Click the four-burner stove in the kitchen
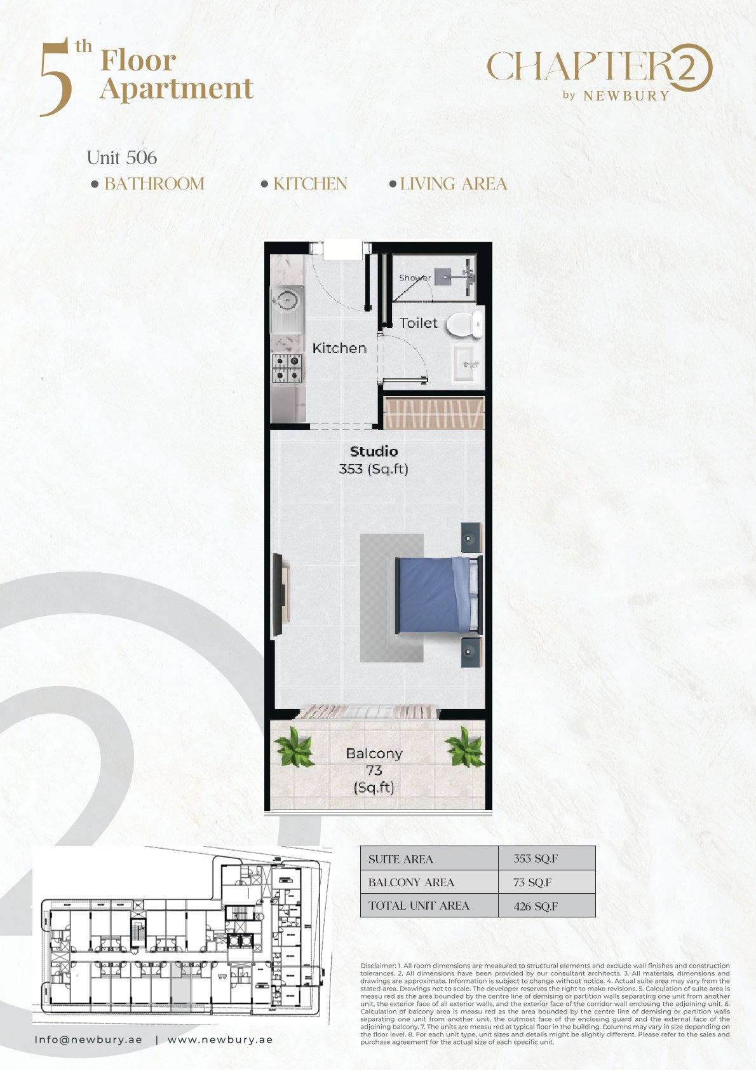pyautogui.click(x=287, y=368)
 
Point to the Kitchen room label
pyautogui.click(x=339, y=348)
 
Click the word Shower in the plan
pyautogui.click(x=415, y=278)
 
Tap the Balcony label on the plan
pyautogui.click(x=374, y=754)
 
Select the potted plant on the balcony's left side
pyautogui.click(x=294, y=747)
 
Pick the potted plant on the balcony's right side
pyautogui.click(x=464, y=746)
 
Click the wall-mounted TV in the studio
pyautogui.click(x=280, y=595)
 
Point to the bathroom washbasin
pyautogui.click(x=468, y=364)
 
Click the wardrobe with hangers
pyautogui.click(x=434, y=413)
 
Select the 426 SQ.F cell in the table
pyautogui.click(x=536, y=906)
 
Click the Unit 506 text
pyautogui.click(x=122, y=158)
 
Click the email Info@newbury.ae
pyautogui.click(x=88, y=1039)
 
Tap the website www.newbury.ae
pyautogui.click(x=220, y=1039)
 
